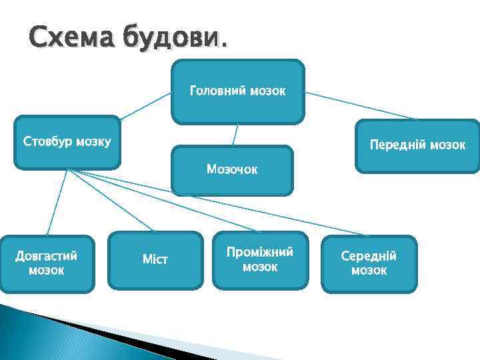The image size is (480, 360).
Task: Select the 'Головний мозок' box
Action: click(x=238, y=91)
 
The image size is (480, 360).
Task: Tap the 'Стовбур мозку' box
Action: click(x=67, y=142)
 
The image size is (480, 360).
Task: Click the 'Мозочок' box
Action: click(x=232, y=171)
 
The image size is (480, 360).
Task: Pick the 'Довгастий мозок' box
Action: click(x=47, y=263)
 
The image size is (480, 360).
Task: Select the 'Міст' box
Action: click(x=155, y=260)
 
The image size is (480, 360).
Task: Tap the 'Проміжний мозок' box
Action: click(x=260, y=260)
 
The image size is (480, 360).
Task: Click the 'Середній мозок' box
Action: click(x=369, y=264)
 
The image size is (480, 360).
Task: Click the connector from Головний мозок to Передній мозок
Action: click(x=360, y=105)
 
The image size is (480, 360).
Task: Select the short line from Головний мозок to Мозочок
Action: click(x=235, y=135)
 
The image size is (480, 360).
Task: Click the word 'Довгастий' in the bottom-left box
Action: click(x=47, y=256)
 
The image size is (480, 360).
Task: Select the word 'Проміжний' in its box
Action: click(x=260, y=253)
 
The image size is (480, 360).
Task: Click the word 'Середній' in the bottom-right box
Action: click(x=369, y=256)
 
